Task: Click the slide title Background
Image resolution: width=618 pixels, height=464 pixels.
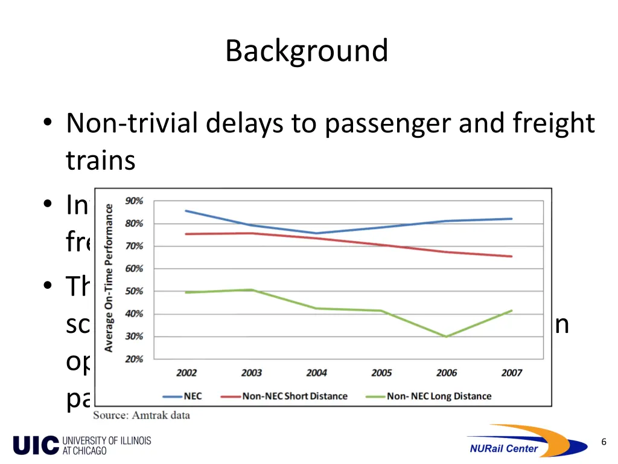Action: pyautogui.click(x=307, y=51)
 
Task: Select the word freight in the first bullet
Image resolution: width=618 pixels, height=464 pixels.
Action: pyautogui.click(x=554, y=124)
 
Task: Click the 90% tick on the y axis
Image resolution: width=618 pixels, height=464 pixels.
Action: pyautogui.click(x=135, y=201)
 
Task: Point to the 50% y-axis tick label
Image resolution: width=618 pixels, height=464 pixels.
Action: pyautogui.click(x=135, y=291)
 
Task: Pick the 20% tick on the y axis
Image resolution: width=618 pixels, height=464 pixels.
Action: pyautogui.click(x=135, y=359)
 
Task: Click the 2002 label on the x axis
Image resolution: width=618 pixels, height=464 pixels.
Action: pyautogui.click(x=186, y=373)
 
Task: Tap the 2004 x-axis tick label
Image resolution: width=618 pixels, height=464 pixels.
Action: pyautogui.click(x=316, y=373)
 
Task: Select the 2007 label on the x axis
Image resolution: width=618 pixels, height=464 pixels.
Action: pyautogui.click(x=511, y=373)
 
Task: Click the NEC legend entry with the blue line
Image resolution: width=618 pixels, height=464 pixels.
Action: pyautogui.click(x=182, y=396)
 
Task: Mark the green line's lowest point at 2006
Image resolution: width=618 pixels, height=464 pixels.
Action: pyautogui.click(x=447, y=337)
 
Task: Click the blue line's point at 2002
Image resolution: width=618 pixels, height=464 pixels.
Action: pyautogui.click(x=186, y=211)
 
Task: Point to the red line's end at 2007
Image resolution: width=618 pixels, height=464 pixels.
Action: pyautogui.click(x=511, y=256)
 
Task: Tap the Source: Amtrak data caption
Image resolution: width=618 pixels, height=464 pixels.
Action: pyautogui.click(x=141, y=415)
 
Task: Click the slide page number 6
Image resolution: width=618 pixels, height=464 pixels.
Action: pyautogui.click(x=604, y=442)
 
